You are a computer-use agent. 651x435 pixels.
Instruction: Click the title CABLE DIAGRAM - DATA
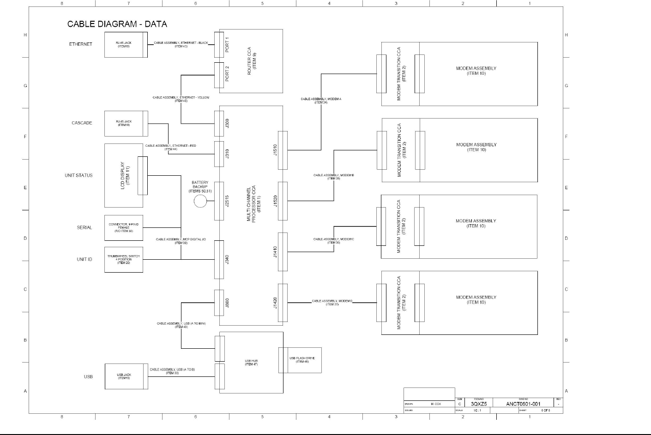tap(117, 24)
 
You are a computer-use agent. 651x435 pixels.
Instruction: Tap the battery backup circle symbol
tap(200, 201)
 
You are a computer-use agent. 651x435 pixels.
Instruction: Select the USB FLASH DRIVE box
tap(300, 360)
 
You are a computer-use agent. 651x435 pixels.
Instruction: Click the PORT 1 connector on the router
tap(219, 45)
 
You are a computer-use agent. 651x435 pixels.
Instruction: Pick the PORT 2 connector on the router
tap(219, 75)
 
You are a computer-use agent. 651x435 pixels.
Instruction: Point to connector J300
tap(219, 123)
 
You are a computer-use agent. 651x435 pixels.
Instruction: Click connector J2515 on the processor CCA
tap(219, 201)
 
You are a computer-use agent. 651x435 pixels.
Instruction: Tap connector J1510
tap(282, 150)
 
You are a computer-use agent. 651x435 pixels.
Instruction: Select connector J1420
tap(282, 303)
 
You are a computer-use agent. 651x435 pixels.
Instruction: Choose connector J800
tap(219, 303)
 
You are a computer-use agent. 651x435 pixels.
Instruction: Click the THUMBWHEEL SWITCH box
tap(124, 260)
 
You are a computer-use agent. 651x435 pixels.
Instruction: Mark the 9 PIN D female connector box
tap(124, 227)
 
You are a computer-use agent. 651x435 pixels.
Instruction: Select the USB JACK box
tap(124, 376)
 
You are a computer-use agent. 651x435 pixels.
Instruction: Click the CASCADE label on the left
tap(82, 123)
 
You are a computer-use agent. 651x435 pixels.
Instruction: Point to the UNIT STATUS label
tap(78, 175)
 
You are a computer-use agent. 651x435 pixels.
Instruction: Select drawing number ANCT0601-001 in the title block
tap(523, 404)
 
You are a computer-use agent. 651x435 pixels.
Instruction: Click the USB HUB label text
tap(251, 362)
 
